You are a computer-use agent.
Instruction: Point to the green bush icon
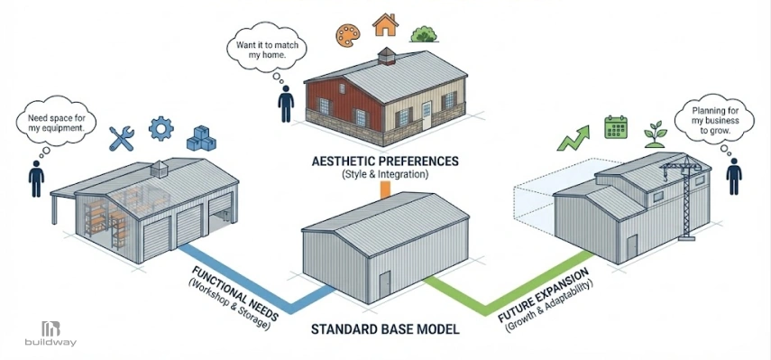(424, 34)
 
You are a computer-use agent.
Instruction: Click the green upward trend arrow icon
(574, 138)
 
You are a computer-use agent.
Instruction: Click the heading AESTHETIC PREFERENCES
(385, 161)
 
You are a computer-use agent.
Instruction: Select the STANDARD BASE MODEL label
(385, 329)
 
